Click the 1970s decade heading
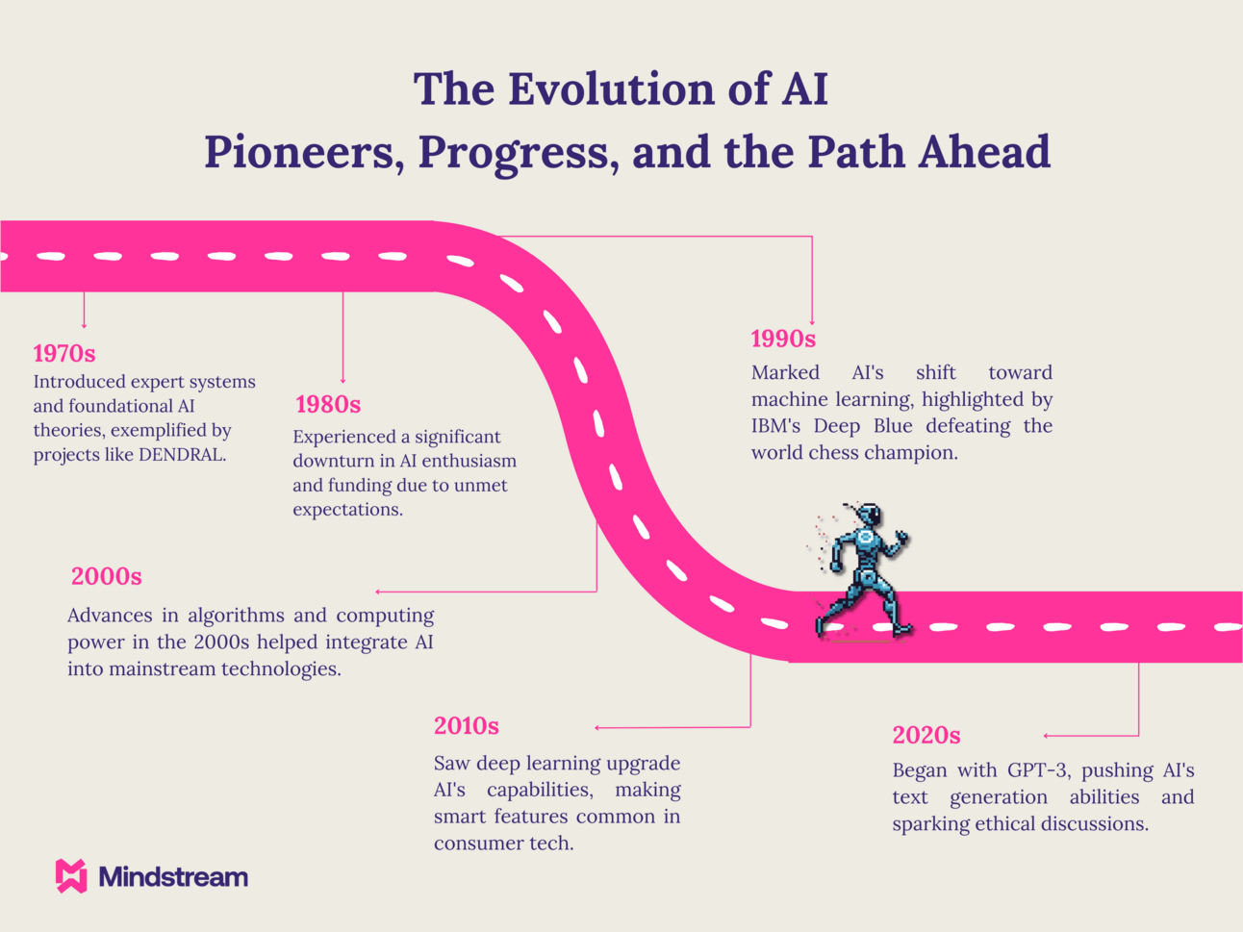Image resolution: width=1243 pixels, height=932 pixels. (64, 354)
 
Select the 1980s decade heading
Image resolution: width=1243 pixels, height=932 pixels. (328, 405)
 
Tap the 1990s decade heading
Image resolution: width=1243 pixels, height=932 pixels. (783, 339)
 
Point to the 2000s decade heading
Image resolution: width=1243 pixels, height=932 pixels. (107, 577)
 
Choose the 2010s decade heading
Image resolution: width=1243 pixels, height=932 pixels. (467, 726)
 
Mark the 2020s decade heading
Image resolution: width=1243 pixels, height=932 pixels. (926, 736)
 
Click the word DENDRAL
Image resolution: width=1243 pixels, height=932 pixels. (183, 455)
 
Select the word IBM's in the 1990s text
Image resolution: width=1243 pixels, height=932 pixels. (775, 426)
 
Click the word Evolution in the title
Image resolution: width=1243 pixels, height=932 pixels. (612, 88)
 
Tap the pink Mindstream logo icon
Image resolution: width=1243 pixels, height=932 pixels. (71, 876)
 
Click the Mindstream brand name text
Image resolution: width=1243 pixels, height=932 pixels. (173, 877)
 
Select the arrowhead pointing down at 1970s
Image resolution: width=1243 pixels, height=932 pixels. (85, 325)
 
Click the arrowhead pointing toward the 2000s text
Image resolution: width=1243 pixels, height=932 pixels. (378, 592)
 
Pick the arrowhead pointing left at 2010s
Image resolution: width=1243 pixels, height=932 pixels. (597, 728)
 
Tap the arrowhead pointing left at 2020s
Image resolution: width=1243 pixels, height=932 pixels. (1047, 736)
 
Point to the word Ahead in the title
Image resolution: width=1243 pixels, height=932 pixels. (985, 153)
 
